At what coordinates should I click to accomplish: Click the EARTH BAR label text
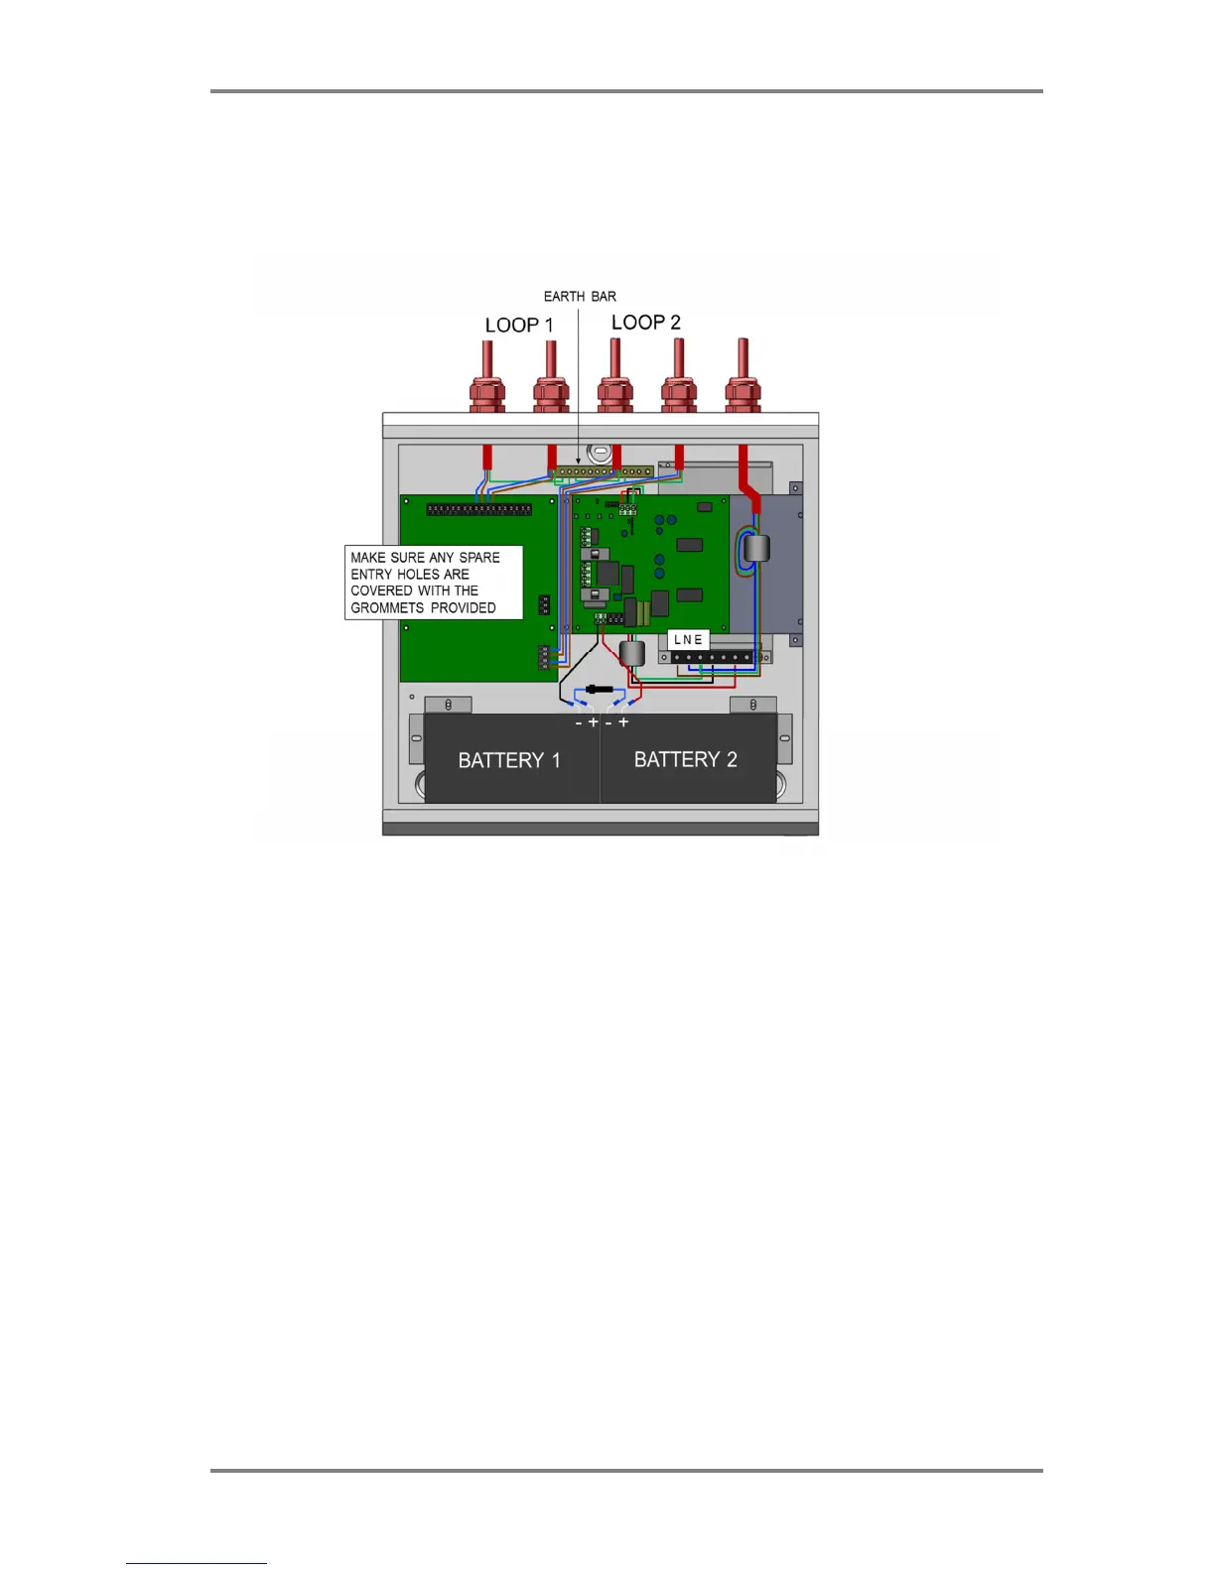click(580, 297)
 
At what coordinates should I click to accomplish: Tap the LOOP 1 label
click(519, 326)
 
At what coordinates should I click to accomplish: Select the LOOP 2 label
click(646, 323)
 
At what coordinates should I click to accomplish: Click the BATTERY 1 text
click(509, 761)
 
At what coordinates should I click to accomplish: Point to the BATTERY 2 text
click(686, 760)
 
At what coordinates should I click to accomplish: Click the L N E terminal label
click(688, 640)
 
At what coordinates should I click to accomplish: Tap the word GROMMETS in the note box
click(387, 608)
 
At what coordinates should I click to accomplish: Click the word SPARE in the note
click(479, 558)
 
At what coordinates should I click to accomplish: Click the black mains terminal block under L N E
click(712, 657)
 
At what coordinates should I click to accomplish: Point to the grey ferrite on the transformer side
click(756, 548)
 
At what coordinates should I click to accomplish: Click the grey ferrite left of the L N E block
click(632, 653)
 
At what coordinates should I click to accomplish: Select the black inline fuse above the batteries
click(598, 689)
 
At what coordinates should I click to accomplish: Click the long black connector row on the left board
click(478, 509)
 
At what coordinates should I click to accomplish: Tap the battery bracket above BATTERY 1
click(448, 705)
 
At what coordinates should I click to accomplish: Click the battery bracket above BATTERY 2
click(753, 705)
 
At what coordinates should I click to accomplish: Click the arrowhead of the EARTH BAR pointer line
click(579, 461)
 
